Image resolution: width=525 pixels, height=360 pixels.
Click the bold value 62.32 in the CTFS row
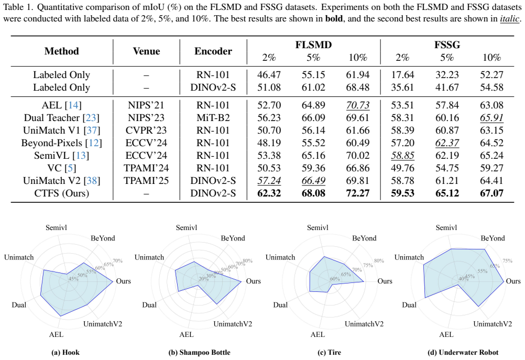(x=269, y=193)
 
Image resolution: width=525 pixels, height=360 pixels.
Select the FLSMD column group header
(x=313, y=45)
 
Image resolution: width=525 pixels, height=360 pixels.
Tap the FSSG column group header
(x=447, y=45)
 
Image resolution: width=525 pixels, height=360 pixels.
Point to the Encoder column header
(x=213, y=51)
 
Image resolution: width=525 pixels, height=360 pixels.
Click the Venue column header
(x=146, y=51)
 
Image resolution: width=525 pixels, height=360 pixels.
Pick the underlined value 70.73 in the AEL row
(x=357, y=105)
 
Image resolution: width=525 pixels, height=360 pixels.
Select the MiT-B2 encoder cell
(x=213, y=118)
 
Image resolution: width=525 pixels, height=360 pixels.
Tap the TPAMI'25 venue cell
(x=146, y=181)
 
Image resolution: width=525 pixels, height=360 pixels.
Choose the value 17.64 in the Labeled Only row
(x=402, y=75)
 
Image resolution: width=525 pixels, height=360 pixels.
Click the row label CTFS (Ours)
(x=62, y=193)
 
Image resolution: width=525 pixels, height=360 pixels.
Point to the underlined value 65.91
(x=491, y=118)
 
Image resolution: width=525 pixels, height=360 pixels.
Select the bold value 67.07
(x=491, y=193)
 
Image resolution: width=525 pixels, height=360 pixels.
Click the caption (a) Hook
(x=65, y=352)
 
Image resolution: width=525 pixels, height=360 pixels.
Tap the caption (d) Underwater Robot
(x=463, y=352)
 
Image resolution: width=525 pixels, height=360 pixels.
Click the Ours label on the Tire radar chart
(x=385, y=281)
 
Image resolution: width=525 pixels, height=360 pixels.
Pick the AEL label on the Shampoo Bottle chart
(x=186, y=334)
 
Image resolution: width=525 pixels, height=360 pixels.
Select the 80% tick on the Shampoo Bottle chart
(x=247, y=260)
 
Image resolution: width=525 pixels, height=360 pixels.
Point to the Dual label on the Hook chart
(x=19, y=305)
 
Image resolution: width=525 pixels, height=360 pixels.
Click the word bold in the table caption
(x=334, y=18)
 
